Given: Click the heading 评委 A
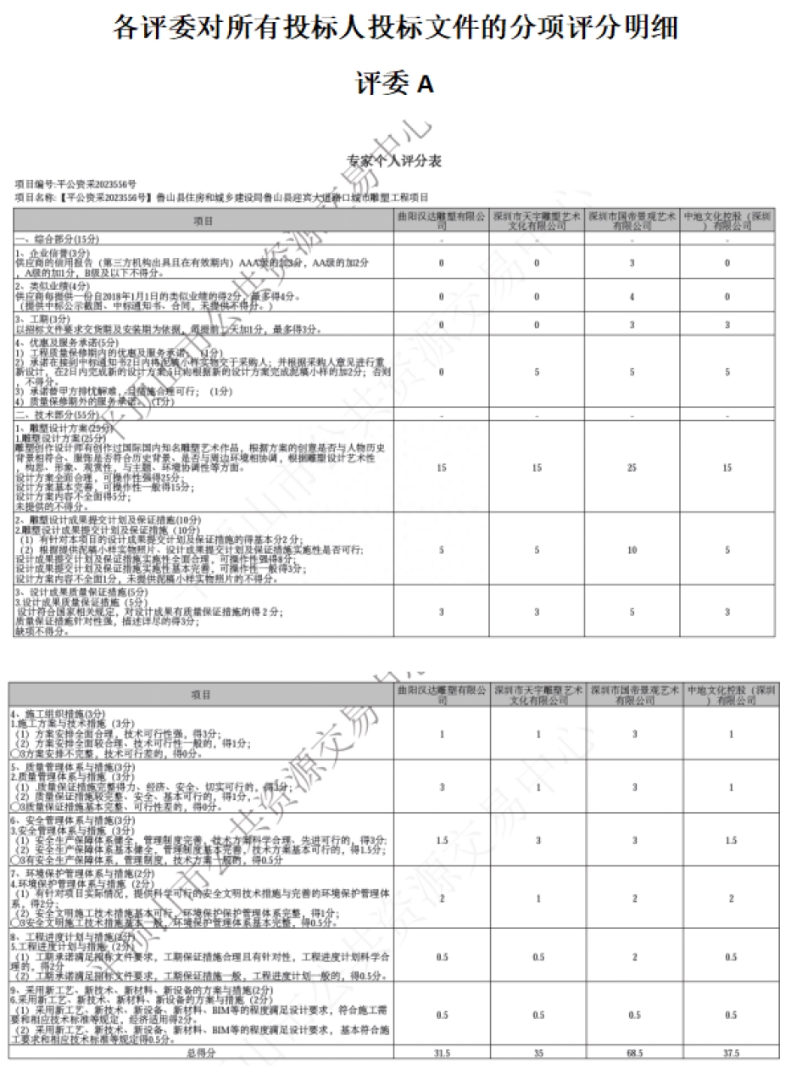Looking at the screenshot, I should coord(394,83).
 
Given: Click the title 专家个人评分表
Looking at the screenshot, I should coord(394,160).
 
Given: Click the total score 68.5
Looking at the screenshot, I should coord(634,1052).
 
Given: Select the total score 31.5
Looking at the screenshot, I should coord(442,1052).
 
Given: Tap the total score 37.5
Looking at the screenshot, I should coord(730,1052).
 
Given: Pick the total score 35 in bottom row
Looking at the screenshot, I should coord(538,1052).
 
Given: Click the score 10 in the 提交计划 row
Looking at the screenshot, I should coord(634,551).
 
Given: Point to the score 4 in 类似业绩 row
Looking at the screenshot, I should coord(634,297).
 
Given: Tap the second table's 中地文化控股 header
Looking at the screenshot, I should coord(730,695).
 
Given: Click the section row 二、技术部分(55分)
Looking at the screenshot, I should coord(51,415).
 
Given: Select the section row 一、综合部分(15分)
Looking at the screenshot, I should coord(51,239).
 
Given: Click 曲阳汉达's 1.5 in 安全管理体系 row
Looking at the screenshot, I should coord(442,840).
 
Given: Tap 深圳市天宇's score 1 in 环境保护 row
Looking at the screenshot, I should coord(538,899).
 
